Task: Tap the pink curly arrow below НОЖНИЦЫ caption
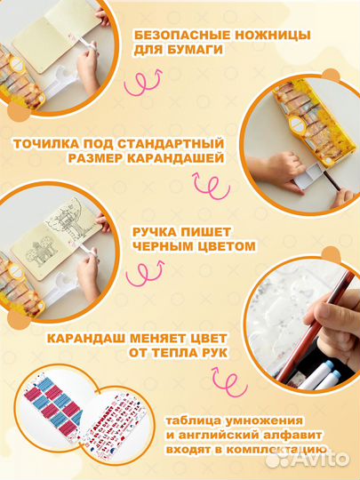[x=144, y=82]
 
